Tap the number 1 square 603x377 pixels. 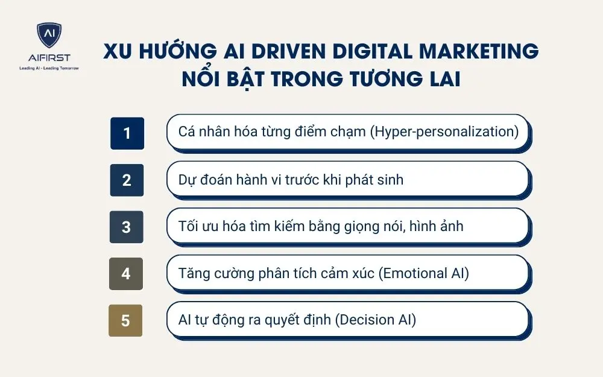point(127,133)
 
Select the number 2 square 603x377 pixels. point(127,180)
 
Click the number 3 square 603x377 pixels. point(126,227)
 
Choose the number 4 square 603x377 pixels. point(126,273)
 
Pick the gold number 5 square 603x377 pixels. point(125,320)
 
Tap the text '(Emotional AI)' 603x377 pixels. point(423,273)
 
